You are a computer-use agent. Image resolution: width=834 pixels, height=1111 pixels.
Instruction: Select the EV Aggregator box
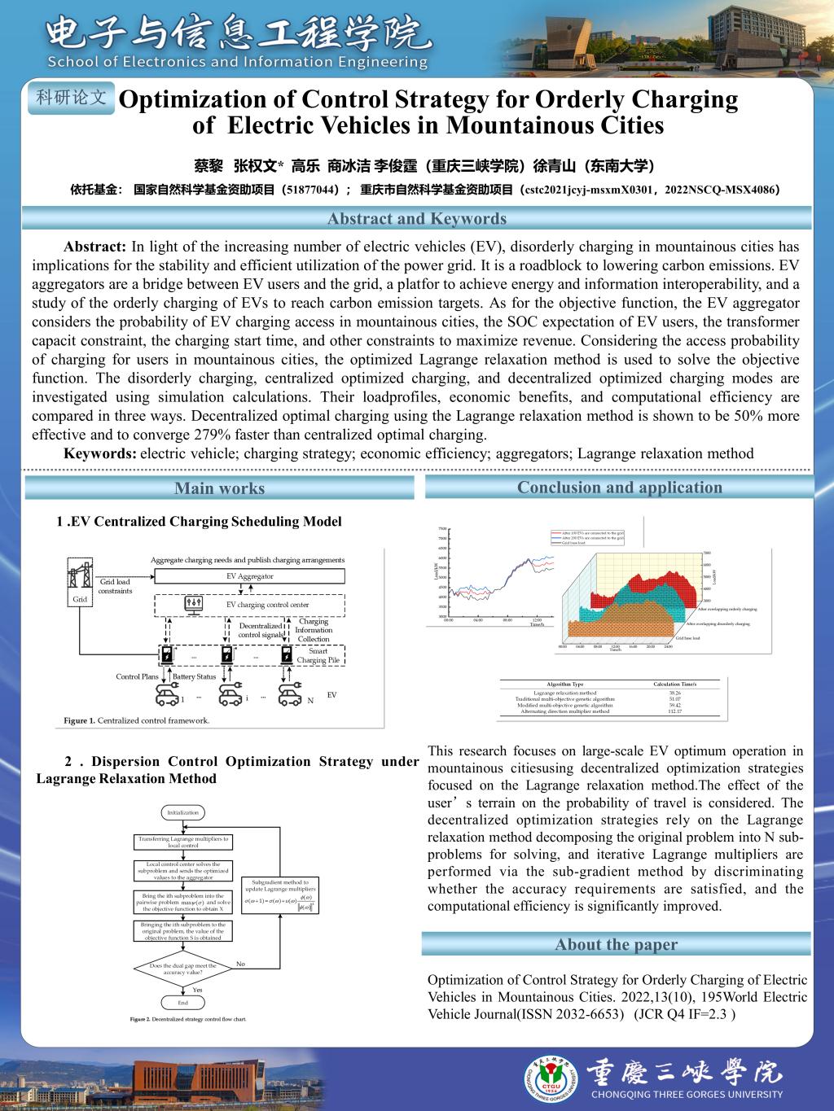(x=249, y=576)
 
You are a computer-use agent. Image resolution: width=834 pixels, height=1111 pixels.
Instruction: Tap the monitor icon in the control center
(x=195, y=604)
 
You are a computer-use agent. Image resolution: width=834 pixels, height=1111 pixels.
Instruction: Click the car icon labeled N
(x=289, y=694)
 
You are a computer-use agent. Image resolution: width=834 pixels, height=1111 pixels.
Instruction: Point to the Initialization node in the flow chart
(x=182, y=812)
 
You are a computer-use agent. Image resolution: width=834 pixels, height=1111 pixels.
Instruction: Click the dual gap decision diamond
(x=182, y=969)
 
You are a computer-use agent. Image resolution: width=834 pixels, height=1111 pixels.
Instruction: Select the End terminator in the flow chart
(x=182, y=1004)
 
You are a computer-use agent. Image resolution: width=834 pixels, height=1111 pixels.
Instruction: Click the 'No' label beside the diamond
(x=240, y=964)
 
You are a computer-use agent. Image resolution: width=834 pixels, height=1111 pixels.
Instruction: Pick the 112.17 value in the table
(x=674, y=711)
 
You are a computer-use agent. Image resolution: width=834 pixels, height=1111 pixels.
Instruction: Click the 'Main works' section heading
(x=219, y=488)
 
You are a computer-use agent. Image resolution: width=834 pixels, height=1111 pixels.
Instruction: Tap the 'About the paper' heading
(x=616, y=944)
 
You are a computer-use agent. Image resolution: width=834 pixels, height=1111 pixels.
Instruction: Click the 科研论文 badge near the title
(x=72, y=98)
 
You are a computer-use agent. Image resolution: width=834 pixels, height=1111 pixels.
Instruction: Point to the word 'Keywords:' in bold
(x=100, y=453)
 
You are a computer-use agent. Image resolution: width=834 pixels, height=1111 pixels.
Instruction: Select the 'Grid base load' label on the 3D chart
(x=687, y=638)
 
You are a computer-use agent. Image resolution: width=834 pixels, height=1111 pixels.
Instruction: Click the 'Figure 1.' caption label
(x=80, y=720)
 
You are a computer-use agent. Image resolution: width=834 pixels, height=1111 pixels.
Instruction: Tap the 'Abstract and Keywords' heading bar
(x=416, y=218)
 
